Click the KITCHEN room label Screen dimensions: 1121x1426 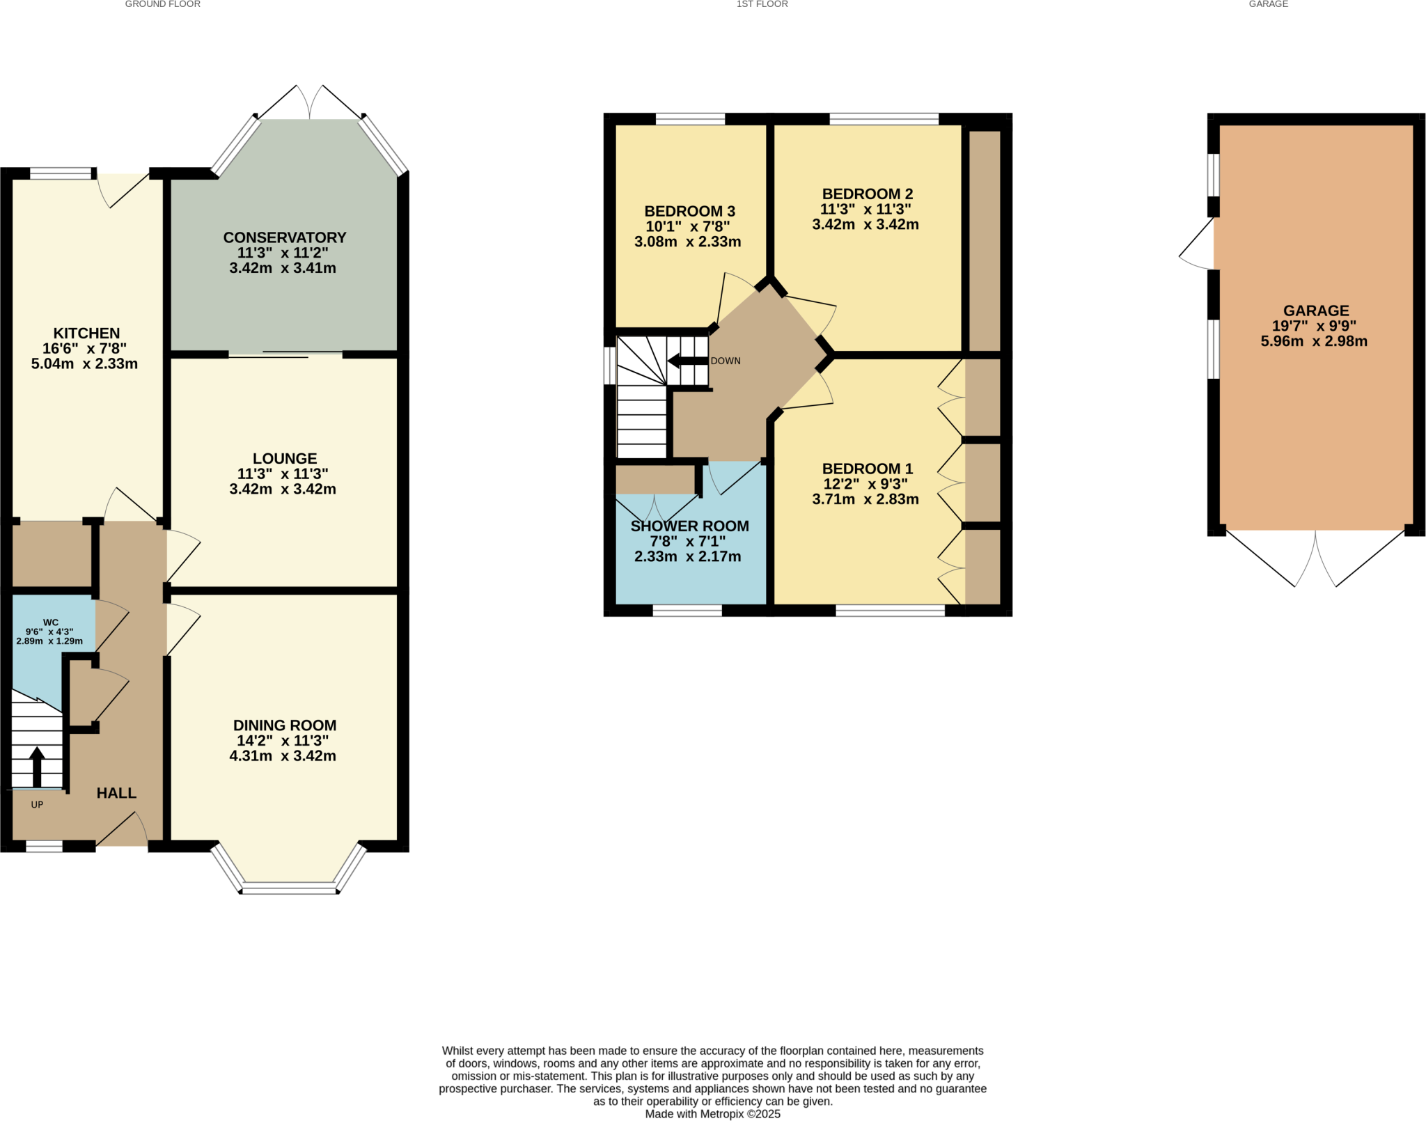click(x=86, y=334)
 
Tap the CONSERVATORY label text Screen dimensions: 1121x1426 click(x=284, y=237)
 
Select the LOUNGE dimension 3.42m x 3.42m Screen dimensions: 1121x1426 click(x=283, y=489)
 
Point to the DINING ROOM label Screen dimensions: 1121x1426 click(x=284, y=726)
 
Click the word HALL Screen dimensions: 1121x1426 click(x=116, y=793)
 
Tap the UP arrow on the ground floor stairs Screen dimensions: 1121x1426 click(x=37, y=766)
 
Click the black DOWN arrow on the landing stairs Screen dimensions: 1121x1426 click(x=686, y=361)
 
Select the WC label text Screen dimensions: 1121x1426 click(x=51, y=622)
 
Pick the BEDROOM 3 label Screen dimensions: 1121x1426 click(x=689, y=211)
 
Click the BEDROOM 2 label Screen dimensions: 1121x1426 click(x=867, y=194)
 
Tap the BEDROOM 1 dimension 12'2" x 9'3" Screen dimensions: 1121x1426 click(x=865, y=484)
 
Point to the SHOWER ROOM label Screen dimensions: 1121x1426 click(x=689, y=526)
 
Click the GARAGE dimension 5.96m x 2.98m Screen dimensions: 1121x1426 click(x=1313, y=342)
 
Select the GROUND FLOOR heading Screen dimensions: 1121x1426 click(x=162, y=4)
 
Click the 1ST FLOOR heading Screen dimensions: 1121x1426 click(x=762, y=4)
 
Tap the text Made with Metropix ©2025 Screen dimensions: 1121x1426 click(x=712, y=1114)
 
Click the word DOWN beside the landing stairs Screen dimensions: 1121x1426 click(x=726, y=361)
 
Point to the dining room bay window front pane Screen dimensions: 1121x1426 click(x=289, y=888)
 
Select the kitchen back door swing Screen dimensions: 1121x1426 click(x=125, y=188)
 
